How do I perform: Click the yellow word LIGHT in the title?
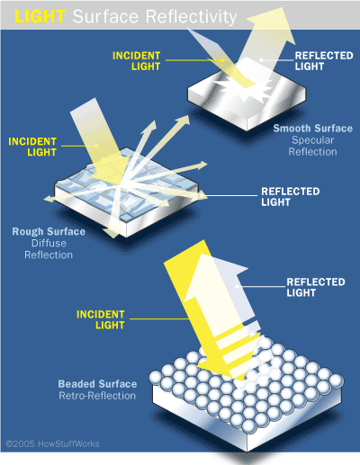[40, 16]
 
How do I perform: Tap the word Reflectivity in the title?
[191, 17]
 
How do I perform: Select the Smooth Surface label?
[312, 129]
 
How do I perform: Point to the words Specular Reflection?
[312, 146]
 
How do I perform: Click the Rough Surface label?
[49, 231]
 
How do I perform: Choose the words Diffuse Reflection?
[49, 249]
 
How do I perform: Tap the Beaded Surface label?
[97, 384]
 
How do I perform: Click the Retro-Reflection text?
[97, 396]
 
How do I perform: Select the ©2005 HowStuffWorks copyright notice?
[52, 443]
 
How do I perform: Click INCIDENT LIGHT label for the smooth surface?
[137, 61]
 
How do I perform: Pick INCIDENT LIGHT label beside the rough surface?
[32, 147]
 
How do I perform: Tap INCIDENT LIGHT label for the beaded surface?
[101, 319]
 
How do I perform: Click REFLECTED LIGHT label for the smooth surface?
[324, 61]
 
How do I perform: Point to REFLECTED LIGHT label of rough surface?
[291, 197]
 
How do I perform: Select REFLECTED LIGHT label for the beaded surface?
[316, 287]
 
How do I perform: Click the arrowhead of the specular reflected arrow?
[272, 25]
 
